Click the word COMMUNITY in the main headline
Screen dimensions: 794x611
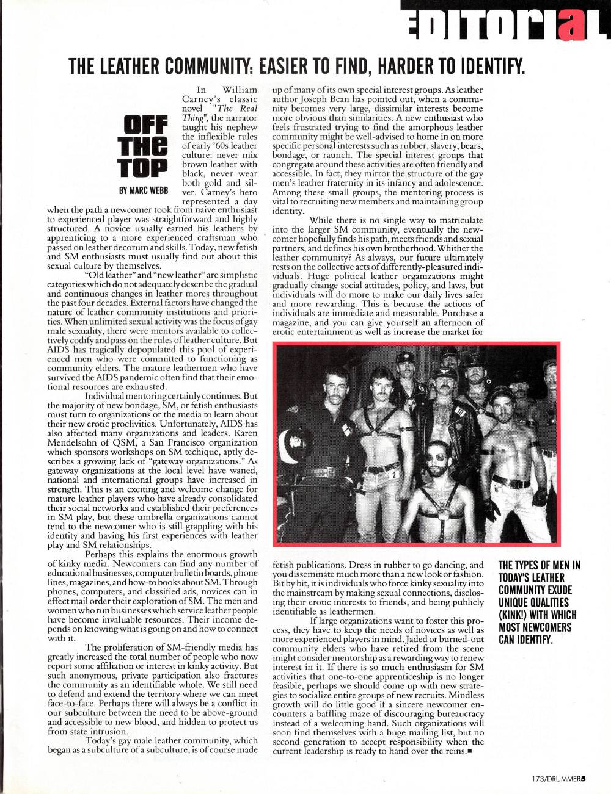pos(186,65)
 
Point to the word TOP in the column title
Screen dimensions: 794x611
pos(146,167)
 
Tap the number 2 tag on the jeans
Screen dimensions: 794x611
pos(395,474)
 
